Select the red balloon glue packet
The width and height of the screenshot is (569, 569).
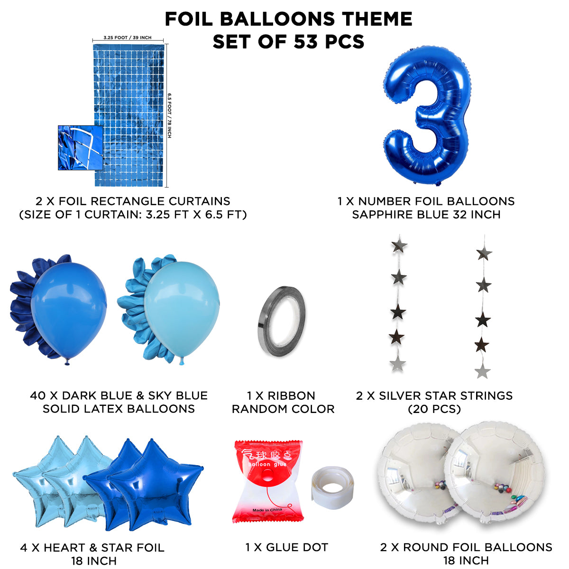point(267,482)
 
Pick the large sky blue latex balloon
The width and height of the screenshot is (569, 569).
point(182,310)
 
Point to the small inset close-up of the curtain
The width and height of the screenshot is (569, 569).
point(80,147)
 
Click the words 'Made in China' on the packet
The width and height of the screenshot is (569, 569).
point(267,510)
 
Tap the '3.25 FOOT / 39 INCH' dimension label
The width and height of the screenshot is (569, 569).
point(127,37)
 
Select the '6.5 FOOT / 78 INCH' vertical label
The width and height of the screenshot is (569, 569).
point(169,115)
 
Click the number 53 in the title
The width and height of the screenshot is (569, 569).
point(306,42)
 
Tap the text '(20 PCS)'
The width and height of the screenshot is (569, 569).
point(434,409)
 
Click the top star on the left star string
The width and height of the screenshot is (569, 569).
point(399,245)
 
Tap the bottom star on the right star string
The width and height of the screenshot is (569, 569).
point(483,371)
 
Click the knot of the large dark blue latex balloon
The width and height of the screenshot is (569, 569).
point(67,361)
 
